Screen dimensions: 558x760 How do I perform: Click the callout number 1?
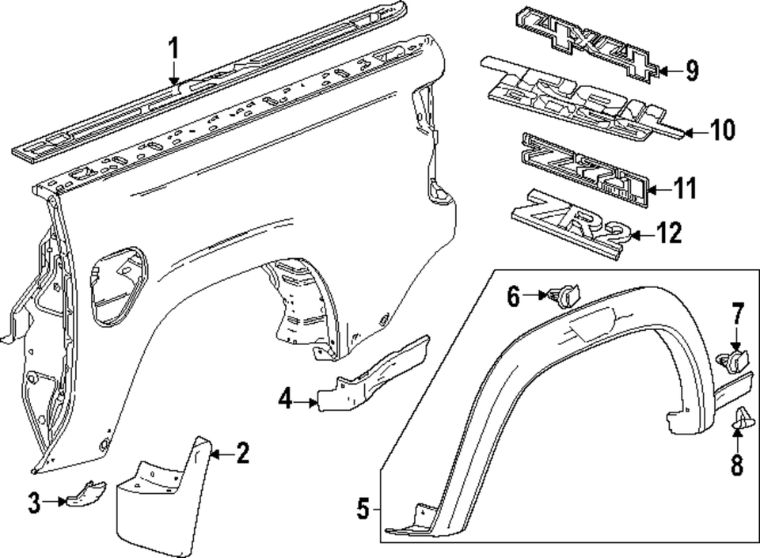173,48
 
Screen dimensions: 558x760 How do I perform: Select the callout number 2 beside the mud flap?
242,454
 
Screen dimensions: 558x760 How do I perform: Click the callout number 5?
363,509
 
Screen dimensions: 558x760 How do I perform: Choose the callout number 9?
692,71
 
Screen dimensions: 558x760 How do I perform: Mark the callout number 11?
685,188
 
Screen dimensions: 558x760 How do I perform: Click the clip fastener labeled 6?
565,297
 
